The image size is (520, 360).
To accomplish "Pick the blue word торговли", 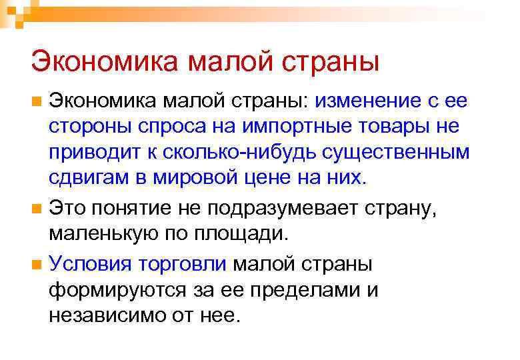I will tap(182, 263).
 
